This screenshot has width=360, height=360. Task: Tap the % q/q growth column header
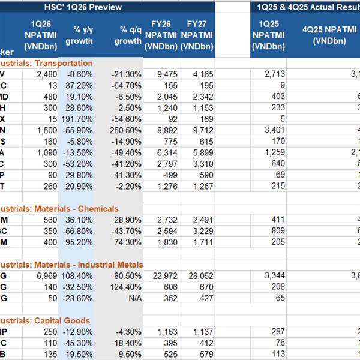click(x=126, y=35)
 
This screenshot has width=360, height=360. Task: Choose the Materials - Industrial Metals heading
click(x=71, y=265)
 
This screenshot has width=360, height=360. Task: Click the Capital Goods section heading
click(x=44, y=321)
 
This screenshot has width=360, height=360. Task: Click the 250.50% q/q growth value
click(x=127, y=130)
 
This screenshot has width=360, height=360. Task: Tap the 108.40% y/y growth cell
click(x=77, y=275)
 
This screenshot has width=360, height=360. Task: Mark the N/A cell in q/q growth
click(x=134, y=298)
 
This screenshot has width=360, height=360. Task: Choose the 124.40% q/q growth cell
click(x=127, y=287)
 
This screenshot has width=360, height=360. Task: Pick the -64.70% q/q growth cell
click(x=127, y=85)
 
